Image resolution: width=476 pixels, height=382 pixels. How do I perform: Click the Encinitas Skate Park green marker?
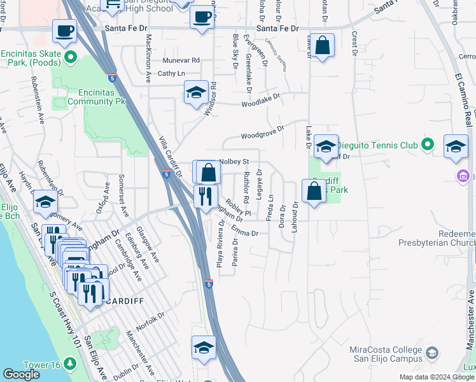coord(70,59)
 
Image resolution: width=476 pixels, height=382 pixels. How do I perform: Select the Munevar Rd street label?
coord(181,60)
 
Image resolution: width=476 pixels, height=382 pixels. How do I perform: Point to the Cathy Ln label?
coord(171,74)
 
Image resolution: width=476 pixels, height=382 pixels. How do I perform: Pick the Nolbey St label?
coord(234,162)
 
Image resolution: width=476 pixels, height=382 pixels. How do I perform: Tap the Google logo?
coord(21,374)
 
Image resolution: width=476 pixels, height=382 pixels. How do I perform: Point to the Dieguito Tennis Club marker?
coord(428,145)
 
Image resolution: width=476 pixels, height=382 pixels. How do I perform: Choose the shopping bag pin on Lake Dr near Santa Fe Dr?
coord(323,46)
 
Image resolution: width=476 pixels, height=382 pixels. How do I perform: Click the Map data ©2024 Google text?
coord(437,377)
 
